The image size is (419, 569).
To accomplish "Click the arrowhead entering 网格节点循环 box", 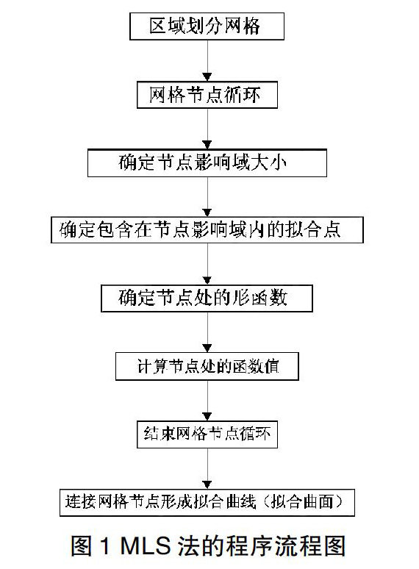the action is (x=207, y=77).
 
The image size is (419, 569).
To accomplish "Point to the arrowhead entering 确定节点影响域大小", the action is (x=207, y=145).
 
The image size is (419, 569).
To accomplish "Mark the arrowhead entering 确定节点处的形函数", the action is (x=207, y=281).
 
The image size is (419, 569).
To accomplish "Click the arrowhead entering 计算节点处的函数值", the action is (x=207, y=348).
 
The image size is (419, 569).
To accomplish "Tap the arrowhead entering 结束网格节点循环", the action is (x=207, y=417).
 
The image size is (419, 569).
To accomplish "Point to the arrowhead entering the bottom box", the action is (x=207, y=484).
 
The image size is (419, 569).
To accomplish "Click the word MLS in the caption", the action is (x=145, y=545).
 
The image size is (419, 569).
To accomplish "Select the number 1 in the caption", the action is (x=105, y=545).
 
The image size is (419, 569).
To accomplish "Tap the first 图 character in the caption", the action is (x=82, y=545).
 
